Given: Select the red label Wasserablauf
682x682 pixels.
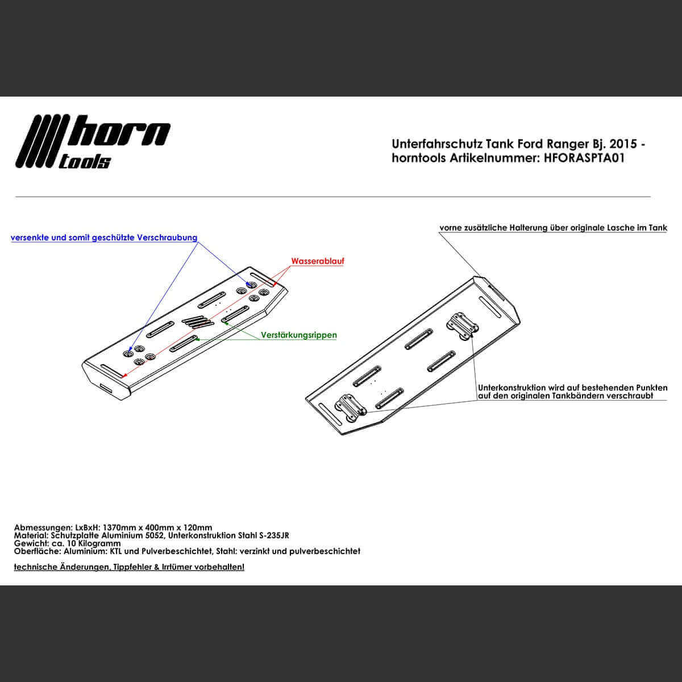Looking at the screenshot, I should click(318, 261).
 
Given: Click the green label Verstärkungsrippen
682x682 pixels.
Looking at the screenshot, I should click(298, 335).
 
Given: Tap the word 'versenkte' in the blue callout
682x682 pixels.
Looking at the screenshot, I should click(30, 238).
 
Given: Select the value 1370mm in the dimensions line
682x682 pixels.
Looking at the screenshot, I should click(119, 527).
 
